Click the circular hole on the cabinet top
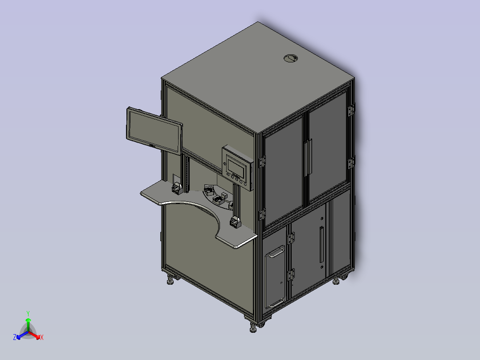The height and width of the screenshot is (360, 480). (291, 58)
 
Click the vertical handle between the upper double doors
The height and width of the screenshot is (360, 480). (308, 157)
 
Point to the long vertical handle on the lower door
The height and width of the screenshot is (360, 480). (321, 245)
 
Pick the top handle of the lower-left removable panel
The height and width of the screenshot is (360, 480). (277, 253)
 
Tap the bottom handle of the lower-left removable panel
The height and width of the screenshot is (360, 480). (277, 303)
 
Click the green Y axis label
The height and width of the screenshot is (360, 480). (28, 313)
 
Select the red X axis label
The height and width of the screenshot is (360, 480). (42, 337)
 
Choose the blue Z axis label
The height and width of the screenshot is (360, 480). (15, 337)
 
